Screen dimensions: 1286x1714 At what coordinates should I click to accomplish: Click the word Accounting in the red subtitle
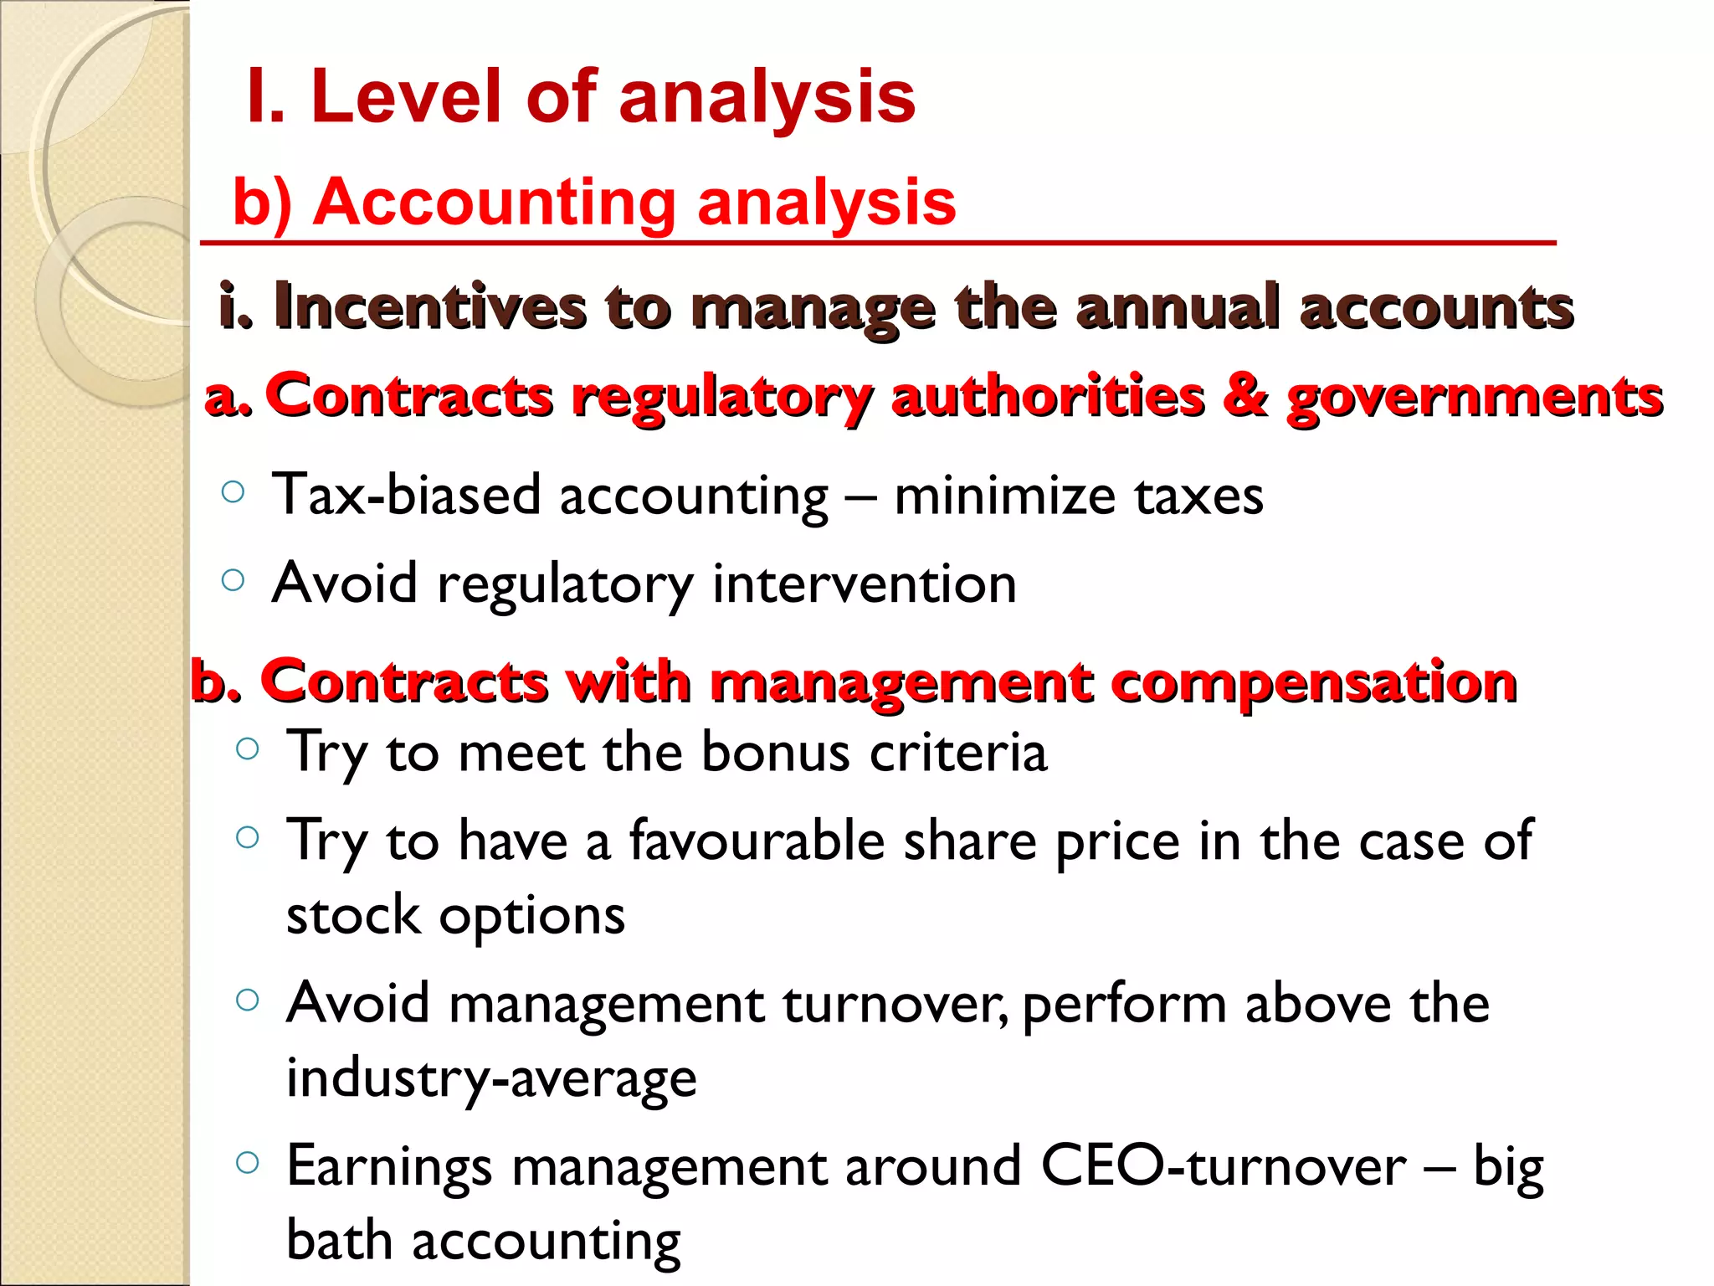pyautogui.click(x=494, y=203)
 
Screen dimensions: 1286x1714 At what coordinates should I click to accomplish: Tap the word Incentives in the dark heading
pyautogui.click(x=430, y=307)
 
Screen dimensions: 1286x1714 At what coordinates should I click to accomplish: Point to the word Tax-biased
pyautogui.click(x=407, y=495)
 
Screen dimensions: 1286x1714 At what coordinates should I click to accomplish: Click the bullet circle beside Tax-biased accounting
pyautogui.click(x=233, y=491)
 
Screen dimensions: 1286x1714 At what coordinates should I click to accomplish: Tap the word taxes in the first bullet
pyautogui.click(x=1198, y=496)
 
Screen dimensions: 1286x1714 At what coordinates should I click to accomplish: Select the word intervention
pyautogui.click(x=865, y=584)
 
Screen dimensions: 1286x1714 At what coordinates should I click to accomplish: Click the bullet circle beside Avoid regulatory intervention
pyautogui.click(x=233, y=579)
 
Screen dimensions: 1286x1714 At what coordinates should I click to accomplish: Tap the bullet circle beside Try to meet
pyautogui.click(x=248, y=748)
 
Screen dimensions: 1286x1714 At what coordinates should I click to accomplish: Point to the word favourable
pyautogui.click(x=757, y=841)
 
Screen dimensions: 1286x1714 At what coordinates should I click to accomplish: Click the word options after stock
pyautogui.click(x=532, y=916)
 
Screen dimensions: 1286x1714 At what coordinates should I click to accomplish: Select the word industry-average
pyautogui.click(x=491, y=1078)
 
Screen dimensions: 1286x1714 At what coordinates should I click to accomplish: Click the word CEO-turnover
pyautogui.click(x=1224, y=1166)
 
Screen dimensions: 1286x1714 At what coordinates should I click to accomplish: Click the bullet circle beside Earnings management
pyautogui.click(x=248, y=1162)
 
